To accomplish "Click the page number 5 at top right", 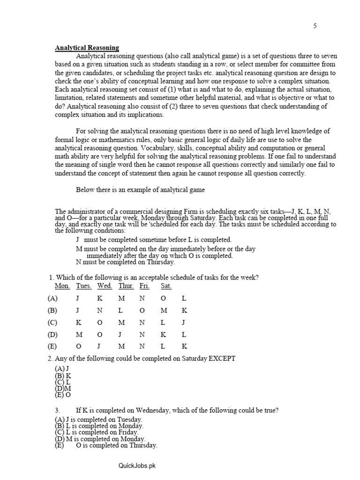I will click(x=315, y=26).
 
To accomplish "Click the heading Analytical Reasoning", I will click(x=87, y=48).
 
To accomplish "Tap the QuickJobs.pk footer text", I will click(x=136, y=465).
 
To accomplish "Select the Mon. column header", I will click(x=62, y=286).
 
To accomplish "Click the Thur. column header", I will click(x=126, y=286).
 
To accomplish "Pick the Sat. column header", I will click(x=166, y=286).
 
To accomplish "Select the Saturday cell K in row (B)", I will click(x=184, y=310).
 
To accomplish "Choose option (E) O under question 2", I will click(x=63, y=394).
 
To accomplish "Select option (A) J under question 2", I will click(x=62, y=369).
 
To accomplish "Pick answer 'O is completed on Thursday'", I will click(x=116, y=445).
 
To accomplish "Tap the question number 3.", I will click(x=57, y=410).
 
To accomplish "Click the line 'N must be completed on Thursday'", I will click(x=122, y=262).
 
